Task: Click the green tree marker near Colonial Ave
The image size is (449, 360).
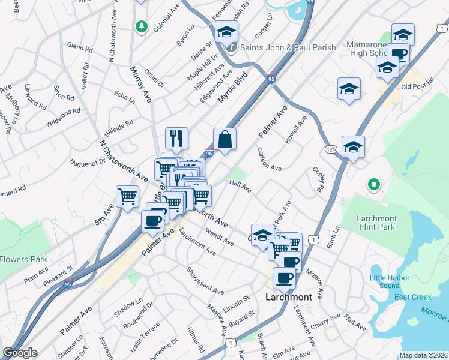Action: pyautogui.click(x=142, y=26)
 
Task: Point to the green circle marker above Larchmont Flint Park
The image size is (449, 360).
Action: pyautogui.click(x=373, y=184)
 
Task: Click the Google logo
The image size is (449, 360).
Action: pyautogui.click(x=20, y=353)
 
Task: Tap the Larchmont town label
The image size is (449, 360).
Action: pyautogui.click(x=289, y=297)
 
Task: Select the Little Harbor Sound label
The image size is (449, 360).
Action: pyautogui.click(x=390, y=281)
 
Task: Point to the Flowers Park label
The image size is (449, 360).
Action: pyautogui.click(x=23, y=259)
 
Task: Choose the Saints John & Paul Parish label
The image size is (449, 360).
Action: pyautogui.click(x=280, y=47)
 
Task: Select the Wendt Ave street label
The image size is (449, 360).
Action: pyautogui.click(x=218, y=236)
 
